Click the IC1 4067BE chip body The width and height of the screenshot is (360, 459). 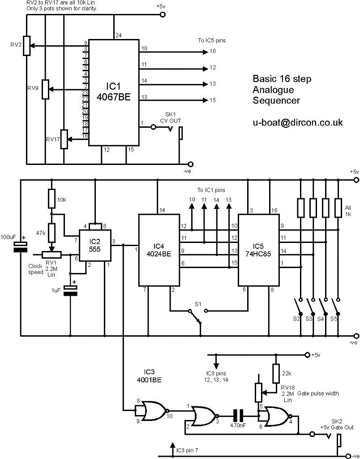[114, 92]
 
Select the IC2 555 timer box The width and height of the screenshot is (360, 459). [95, 245]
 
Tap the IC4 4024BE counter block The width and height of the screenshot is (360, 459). [159, 250]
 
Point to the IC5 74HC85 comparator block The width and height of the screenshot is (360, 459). [258, 250]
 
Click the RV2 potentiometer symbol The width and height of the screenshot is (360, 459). [27, 46]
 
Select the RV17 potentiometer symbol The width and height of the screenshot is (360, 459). [64, 139]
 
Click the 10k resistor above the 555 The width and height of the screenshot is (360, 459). [51, 199]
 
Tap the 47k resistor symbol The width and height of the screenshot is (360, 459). [51, 233]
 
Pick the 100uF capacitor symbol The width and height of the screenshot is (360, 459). [21, 247]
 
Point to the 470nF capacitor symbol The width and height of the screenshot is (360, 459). [238, 416]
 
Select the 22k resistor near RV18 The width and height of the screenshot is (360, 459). [276, 373]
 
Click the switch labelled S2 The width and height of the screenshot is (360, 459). [299, 306]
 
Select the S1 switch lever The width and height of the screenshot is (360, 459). [195, 317]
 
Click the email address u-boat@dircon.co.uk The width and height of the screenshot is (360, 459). [298, 122]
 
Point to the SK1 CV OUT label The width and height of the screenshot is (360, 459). [170, 117]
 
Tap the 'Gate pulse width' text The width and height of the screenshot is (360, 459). [318, 394]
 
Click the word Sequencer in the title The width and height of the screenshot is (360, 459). [276, 101]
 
